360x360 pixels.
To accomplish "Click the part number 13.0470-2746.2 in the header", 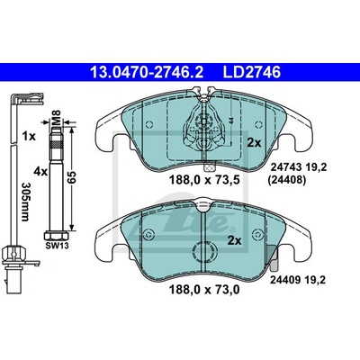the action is coord(147,72).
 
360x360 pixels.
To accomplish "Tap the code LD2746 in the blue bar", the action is coord(252,72).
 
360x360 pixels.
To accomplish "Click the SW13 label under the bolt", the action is coord(57,246).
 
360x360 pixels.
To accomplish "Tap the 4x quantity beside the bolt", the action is coord(40,172).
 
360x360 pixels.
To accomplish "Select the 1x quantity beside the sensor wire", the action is coord(29,137).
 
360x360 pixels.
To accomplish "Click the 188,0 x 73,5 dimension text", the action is coord(204,180).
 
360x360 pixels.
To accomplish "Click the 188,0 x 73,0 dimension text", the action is coord(204,290).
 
